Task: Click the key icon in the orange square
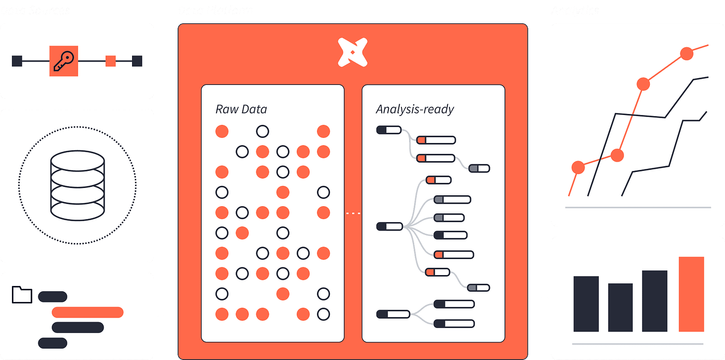(64, 61)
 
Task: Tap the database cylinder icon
(77, 185)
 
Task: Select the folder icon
(22, 294)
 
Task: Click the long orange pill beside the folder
(88, 312)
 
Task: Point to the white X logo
(353, 52)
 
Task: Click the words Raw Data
(241, 109)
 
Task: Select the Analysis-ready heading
(415, 109)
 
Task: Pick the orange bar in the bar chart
(691, 294)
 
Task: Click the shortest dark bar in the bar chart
(620, 307)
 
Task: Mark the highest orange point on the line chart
(686, 53)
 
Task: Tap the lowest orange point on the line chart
(578, 167)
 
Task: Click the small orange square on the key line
(110, 61)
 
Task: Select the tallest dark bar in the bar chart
(655, 300)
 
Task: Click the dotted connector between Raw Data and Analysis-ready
(353, 213)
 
